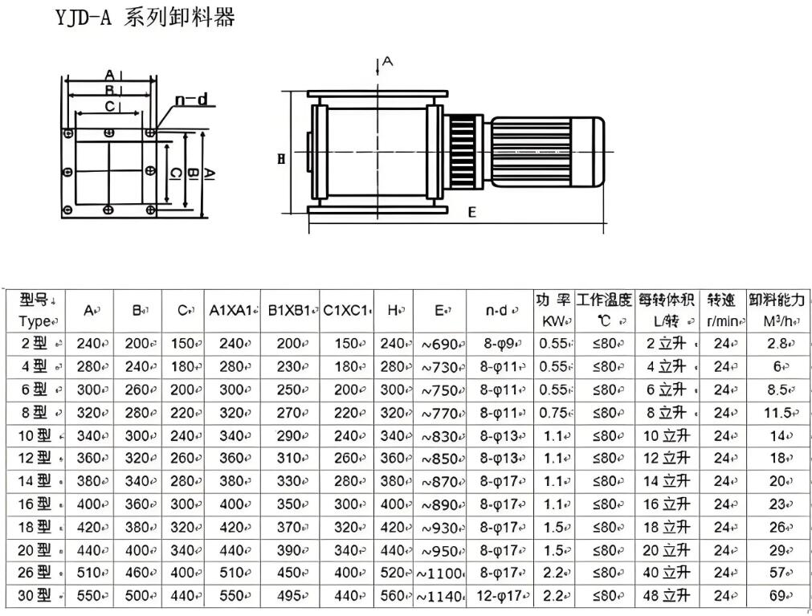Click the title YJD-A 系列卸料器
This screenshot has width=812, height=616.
point(145,18)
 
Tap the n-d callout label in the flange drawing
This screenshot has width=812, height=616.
point(191,100)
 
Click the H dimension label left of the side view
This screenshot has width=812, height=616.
point(281,159)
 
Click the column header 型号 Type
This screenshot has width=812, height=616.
point(35,310)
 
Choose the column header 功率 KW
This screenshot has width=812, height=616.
point(553,310)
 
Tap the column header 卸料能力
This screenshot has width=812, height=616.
point(776,310)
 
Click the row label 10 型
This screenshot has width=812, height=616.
point(35,435)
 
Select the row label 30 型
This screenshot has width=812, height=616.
point(35,596)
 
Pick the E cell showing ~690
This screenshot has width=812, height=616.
point(441,344)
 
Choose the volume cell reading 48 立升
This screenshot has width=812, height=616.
point(666,596)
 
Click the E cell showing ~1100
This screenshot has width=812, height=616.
point(441,573)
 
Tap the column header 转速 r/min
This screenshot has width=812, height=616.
point(722,310)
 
